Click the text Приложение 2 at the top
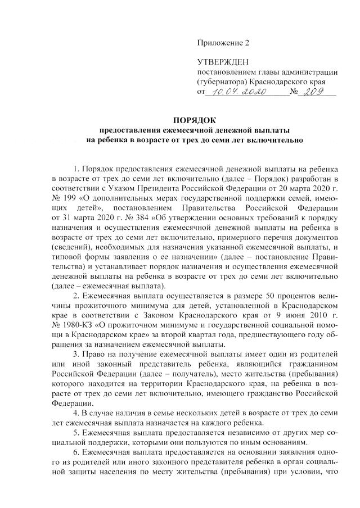click(222, 43)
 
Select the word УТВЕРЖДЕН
click(222, 61)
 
